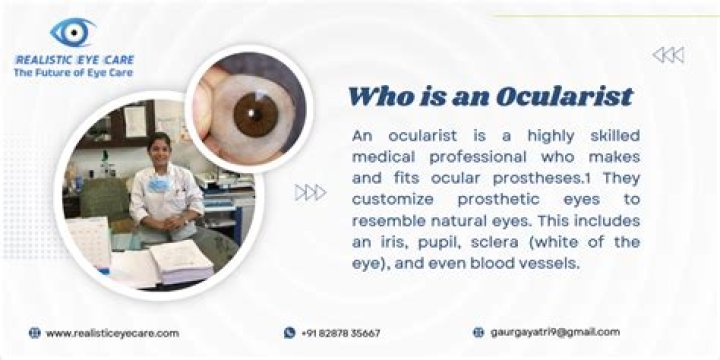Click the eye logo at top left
tap(72, 32)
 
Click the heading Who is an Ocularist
tap(490, 96)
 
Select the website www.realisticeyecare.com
tap(112, 333)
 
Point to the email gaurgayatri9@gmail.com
tap(555, 332)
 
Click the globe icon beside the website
tap(35, 333)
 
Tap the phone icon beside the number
tap(290, 333)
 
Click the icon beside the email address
tap(479, 332)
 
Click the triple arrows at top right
tap(668, 55)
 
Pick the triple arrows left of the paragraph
tap(310, 192)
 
